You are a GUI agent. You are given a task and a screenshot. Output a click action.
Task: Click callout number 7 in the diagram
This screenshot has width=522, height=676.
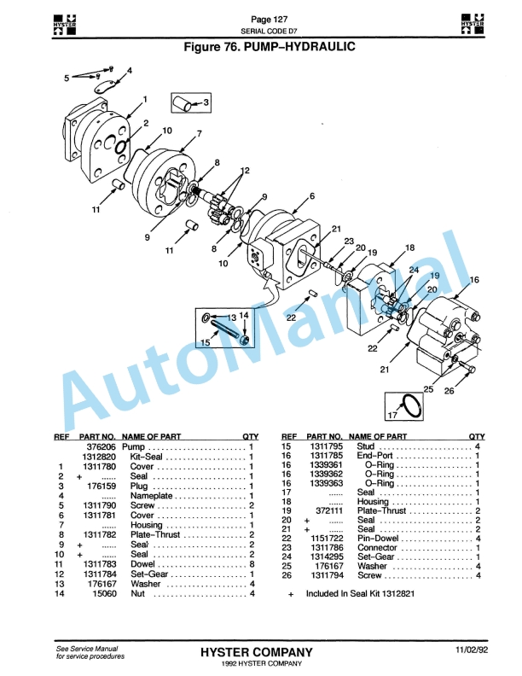coord(198,134)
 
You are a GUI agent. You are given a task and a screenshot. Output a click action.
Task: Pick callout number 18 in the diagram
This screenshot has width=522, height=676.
coord(409,248)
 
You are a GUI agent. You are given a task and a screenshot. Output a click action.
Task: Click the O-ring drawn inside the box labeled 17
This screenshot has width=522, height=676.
coord(411,406)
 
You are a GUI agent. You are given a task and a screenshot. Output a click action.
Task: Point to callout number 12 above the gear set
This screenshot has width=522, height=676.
coord(245,170)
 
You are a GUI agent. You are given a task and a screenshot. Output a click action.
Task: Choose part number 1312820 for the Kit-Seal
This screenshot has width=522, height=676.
coord(99,457)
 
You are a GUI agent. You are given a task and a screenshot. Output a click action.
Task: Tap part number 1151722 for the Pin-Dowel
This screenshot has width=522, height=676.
coord(323,538)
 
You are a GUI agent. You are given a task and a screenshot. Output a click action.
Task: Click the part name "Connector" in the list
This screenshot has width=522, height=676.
coord(376,547)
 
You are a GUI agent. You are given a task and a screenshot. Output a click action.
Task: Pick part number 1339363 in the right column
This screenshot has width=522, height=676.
coord(323,482)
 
